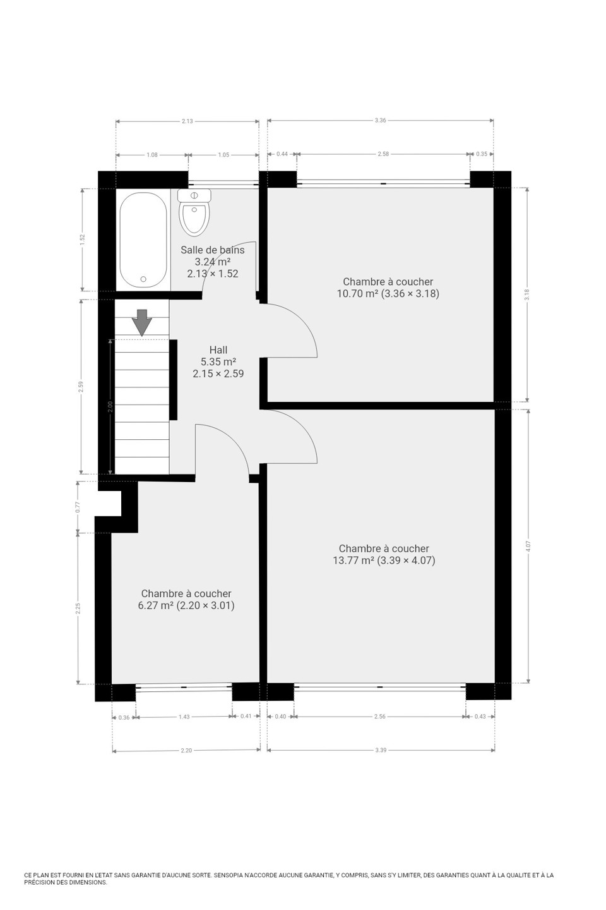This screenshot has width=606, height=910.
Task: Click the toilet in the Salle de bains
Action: point(194,212)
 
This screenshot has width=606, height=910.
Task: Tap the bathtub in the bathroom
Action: point(143,240)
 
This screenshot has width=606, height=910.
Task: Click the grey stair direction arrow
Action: point(141,322)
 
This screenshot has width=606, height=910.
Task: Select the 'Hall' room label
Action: point(218,350)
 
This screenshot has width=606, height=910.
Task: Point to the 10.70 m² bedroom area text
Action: point(388,293)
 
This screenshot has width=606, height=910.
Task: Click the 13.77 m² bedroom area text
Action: point(384,561)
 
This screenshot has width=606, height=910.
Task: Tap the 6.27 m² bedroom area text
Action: point(186,605)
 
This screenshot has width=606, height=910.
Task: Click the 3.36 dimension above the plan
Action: point(380,120)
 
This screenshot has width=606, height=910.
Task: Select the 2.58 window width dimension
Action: point(383,154)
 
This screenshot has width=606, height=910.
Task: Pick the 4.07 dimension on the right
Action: point(528,546)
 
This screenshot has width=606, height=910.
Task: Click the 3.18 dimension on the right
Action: point(527,294)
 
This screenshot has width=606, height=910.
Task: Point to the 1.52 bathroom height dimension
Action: point(83,240)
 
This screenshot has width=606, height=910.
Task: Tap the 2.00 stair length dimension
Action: point(110,407)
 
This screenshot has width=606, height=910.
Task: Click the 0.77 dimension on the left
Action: point(78,507)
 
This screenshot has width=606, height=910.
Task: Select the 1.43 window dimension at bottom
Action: point(184,716)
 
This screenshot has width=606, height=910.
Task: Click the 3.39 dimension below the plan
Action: point(381,750)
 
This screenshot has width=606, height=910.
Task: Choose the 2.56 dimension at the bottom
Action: point(380,716)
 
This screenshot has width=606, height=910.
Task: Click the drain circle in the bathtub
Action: point(143,279)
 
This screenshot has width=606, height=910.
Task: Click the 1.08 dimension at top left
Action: point(152,155)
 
